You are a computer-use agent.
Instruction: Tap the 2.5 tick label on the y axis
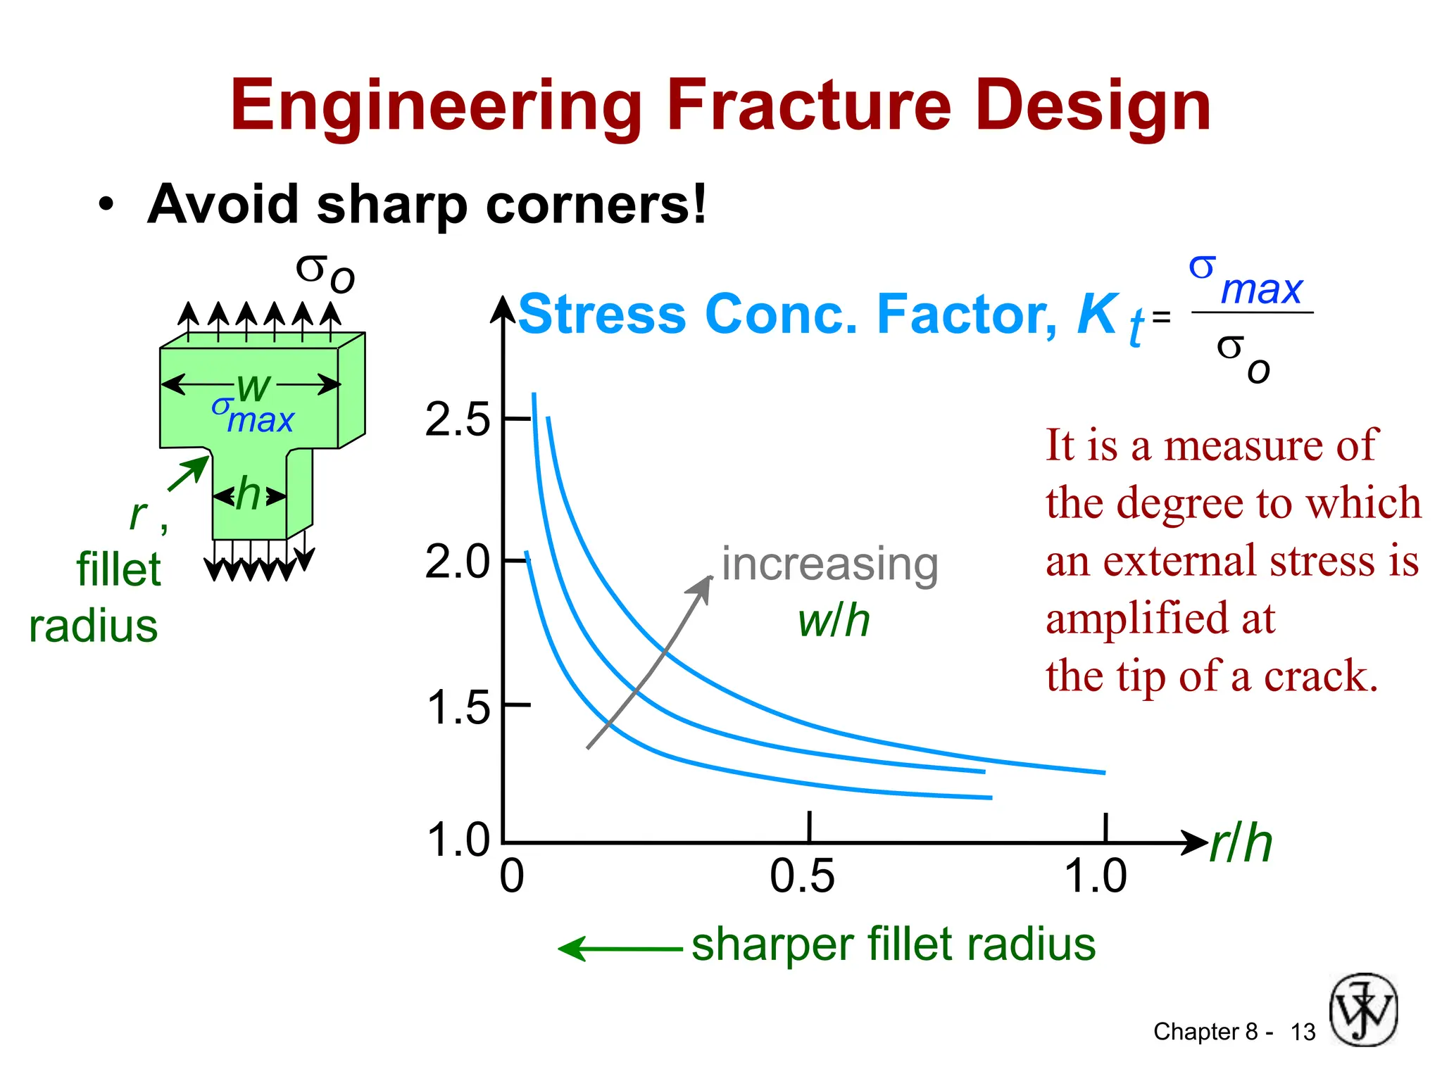point(457,420)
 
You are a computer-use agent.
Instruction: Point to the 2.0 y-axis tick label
point(457,562)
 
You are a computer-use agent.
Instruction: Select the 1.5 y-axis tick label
point(458,707)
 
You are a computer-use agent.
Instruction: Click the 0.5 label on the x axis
point(802,876)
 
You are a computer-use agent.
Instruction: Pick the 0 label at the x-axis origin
point(512,876)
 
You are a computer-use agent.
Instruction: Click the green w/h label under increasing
point(834,621)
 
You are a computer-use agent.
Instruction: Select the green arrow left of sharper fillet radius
point(620,949)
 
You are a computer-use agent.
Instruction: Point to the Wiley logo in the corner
point(1363,1009)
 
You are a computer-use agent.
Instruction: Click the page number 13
point(1303,1032)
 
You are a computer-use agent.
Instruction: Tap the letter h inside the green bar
point(249,494)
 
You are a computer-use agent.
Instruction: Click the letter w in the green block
point(253,386)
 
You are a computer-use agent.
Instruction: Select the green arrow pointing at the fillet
point(189,474)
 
